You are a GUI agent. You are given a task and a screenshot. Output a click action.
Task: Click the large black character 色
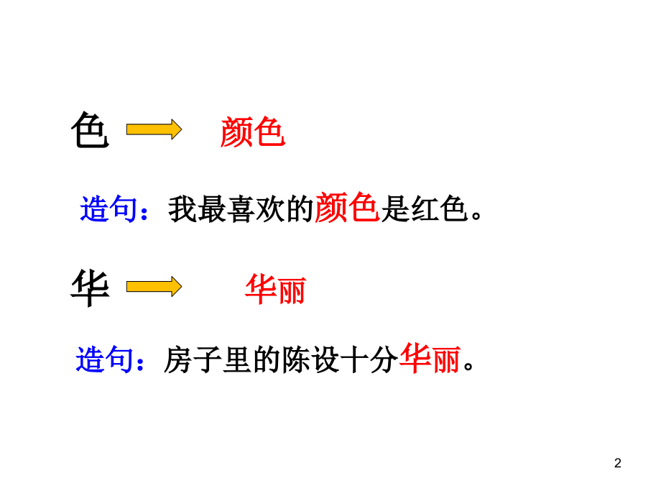point(91,130)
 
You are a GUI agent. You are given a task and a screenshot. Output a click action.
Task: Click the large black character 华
point(91,288)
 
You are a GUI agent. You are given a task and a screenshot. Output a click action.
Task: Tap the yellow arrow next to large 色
point(154,129)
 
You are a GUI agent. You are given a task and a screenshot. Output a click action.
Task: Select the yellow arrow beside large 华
point(154,287)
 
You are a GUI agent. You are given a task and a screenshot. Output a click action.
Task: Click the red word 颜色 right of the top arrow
point(252,132)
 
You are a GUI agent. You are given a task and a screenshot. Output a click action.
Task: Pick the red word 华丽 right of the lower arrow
point(276,289)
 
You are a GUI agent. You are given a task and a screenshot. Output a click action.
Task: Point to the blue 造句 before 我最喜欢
point(108,208)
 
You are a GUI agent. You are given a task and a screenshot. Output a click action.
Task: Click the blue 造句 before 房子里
point(105,359)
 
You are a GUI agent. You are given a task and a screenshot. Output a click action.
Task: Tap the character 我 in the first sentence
point(182,209)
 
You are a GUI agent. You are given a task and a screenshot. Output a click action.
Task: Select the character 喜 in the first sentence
point(241,209)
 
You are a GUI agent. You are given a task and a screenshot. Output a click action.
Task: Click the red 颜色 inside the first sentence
point(346,207)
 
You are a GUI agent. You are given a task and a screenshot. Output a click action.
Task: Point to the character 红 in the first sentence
point(425,209)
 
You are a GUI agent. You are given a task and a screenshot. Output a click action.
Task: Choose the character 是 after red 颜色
point(395,209)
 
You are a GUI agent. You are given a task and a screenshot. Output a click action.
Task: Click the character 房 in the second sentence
point(178,360)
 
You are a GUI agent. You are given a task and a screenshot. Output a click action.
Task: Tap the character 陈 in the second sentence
point(295,360)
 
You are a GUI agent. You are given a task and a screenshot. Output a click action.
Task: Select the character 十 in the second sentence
point(354,360)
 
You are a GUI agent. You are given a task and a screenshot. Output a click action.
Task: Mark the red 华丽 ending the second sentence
point(430,358)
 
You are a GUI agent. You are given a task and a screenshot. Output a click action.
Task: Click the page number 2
point(618,463)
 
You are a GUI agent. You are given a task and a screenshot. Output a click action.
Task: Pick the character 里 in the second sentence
point(237,360)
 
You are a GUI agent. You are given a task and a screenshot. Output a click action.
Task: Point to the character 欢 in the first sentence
point(270,209)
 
